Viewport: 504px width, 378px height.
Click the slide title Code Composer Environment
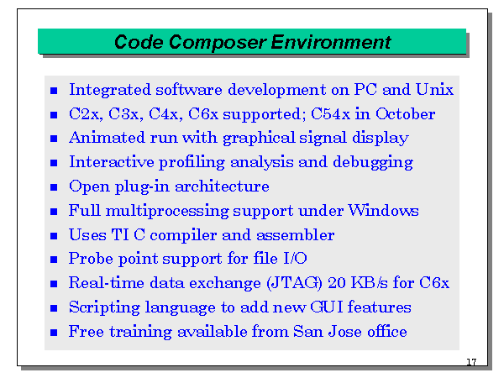pos(252,41)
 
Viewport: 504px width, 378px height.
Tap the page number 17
pos(470,362)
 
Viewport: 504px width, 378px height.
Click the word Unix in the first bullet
pos(436,90)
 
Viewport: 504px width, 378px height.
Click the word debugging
pos(372,162)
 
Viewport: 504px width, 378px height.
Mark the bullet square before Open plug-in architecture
pos(54,187)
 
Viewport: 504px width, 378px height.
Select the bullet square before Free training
pos(54,333)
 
